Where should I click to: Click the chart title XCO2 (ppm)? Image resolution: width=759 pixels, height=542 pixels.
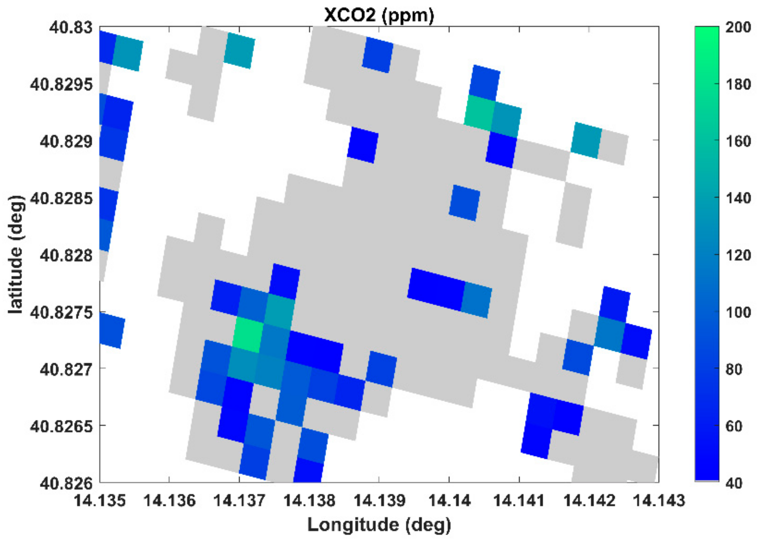[379, 15]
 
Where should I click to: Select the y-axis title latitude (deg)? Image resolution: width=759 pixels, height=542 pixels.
[16, 254]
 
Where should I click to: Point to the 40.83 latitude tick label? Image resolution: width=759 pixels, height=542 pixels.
[71, 27]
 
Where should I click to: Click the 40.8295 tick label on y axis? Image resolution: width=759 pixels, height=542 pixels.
[61, 85]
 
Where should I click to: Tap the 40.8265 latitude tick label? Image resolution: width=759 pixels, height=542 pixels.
[61, 426]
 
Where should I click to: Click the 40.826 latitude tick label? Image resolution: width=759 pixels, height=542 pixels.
[66, 483]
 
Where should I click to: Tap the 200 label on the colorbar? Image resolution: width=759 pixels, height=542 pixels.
[738, 27]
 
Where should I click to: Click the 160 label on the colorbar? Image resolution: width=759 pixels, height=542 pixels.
[738, 141]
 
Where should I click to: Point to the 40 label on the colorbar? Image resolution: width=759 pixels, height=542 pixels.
[734, 483]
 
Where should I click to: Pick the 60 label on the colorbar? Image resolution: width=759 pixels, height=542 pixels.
[734, 426]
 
